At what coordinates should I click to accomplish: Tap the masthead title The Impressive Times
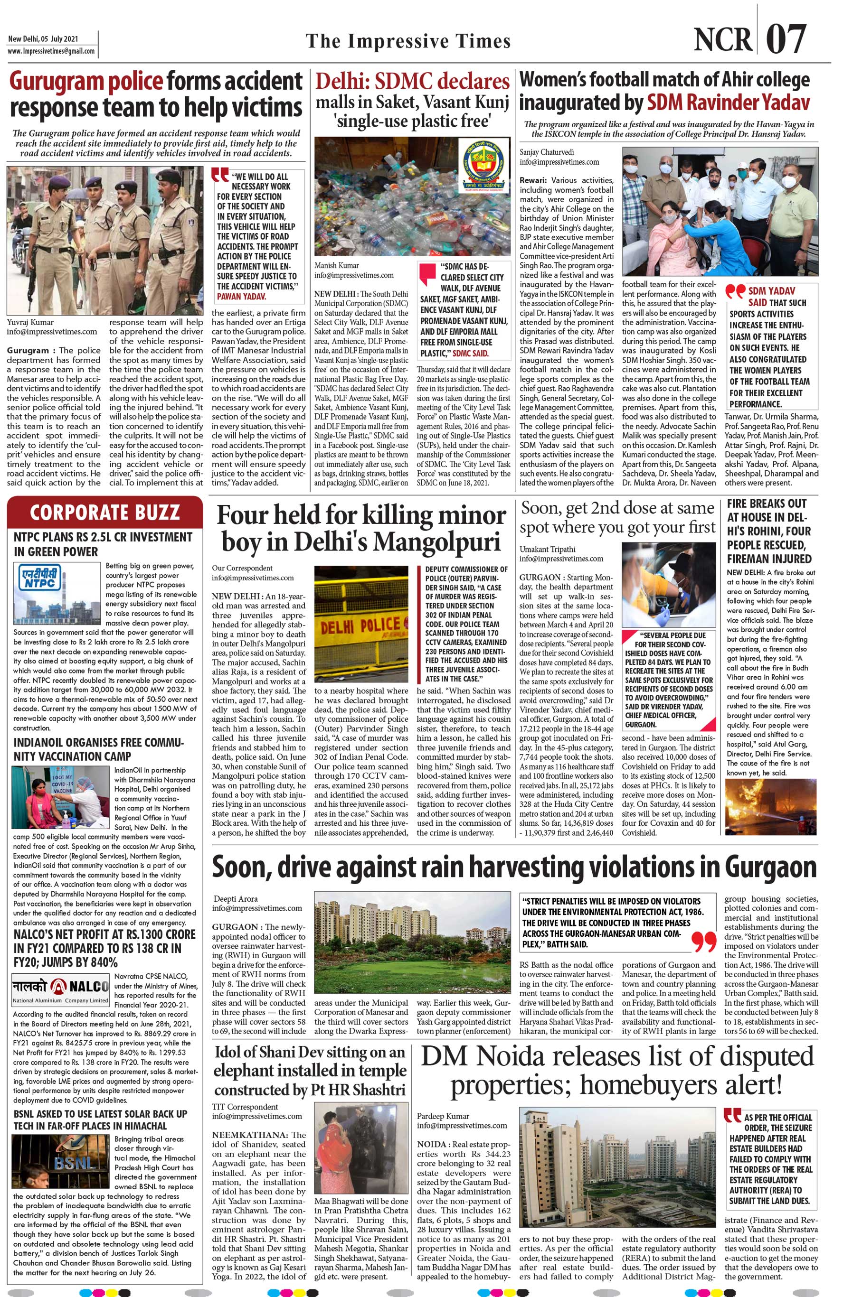click(x=408, y=41)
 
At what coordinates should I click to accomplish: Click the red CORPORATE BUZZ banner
click(x=104, y=512)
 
